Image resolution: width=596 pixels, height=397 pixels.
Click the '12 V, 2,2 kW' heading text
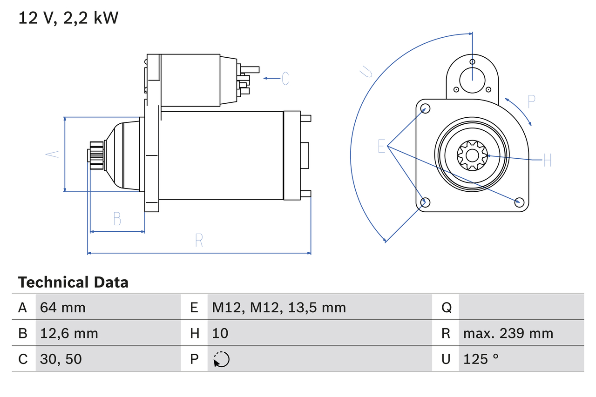68,18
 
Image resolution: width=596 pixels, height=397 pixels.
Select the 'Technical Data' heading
73,283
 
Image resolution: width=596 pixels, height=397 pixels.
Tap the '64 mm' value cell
63,307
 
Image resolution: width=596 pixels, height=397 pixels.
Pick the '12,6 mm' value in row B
69,333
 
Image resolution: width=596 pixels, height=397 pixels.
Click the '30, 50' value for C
61,359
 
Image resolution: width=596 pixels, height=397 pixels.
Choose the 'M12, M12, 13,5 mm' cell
279,307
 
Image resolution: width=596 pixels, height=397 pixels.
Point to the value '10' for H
220,333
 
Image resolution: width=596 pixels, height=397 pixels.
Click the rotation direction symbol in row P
221,359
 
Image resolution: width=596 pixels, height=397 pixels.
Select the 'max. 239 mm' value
508,333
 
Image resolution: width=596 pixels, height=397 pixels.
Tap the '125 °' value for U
481,359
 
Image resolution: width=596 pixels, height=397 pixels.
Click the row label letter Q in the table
446,307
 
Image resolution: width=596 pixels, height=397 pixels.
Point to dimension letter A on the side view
54,154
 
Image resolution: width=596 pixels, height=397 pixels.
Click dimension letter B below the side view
117,218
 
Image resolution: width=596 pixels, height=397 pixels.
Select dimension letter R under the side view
199,240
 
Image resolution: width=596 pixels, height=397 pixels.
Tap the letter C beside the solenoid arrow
285,78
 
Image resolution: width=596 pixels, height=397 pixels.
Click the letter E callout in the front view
382,146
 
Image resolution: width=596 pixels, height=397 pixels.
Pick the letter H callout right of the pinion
547,161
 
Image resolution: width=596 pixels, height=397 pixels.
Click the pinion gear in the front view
472,156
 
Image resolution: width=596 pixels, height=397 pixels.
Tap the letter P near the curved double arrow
531,101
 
